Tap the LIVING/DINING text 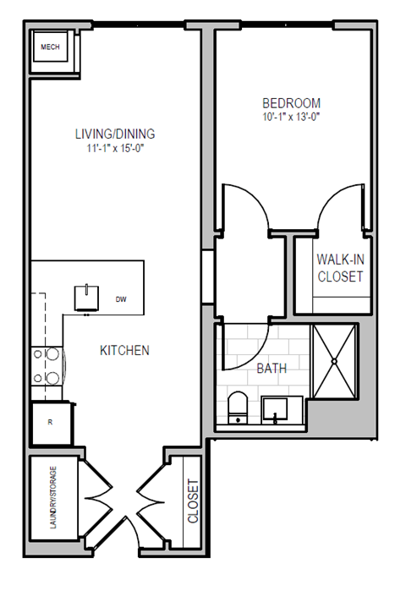[115, 134]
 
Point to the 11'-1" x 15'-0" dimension [115, 149]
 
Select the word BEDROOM [291, 103]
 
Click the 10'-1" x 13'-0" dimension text [291, 118]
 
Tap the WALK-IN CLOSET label [340, 268]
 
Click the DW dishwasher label [120, 299]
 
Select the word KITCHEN [124, 350]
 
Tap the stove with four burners [47, 368]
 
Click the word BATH [271, 369]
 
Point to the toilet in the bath [238, 408]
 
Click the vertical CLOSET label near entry [193, 501]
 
